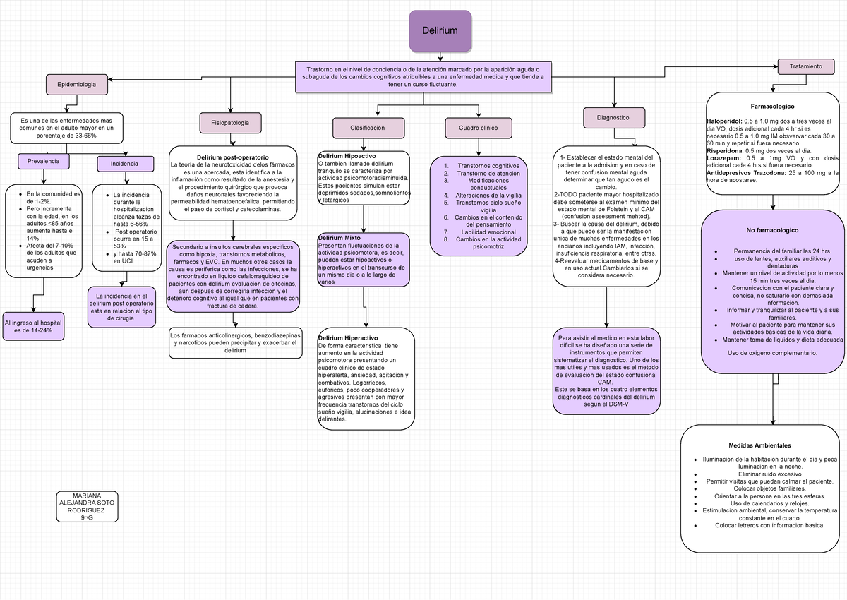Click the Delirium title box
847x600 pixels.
click(x=440, y=30)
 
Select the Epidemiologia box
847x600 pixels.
click(x=77, y=84)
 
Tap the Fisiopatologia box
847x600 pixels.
click(x=230, y=123)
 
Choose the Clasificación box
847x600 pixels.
click(x=368, y=128)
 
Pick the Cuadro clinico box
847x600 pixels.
click(x=479, y=128)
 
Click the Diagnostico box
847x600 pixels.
click(x=614, y=118)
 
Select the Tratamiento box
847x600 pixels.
click(x=806, y=66)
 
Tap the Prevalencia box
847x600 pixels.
click(x=44, y=162)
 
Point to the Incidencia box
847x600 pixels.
click(x=125, y=164)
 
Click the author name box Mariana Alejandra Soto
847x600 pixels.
click(x=87, y=507)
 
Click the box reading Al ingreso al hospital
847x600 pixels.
click(x=33, y=327)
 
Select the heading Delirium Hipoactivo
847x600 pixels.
click(x=347, y=156)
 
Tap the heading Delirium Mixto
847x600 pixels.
click(x=340, y=238)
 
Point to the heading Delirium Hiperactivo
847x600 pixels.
click(x=348, y=338)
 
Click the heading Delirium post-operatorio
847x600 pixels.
click(x=233, y=157)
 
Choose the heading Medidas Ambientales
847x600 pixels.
click(x=759, y=445)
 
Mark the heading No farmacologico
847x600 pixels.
click(x=772, y=230)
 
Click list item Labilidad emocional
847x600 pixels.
click(x=488, y=232)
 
